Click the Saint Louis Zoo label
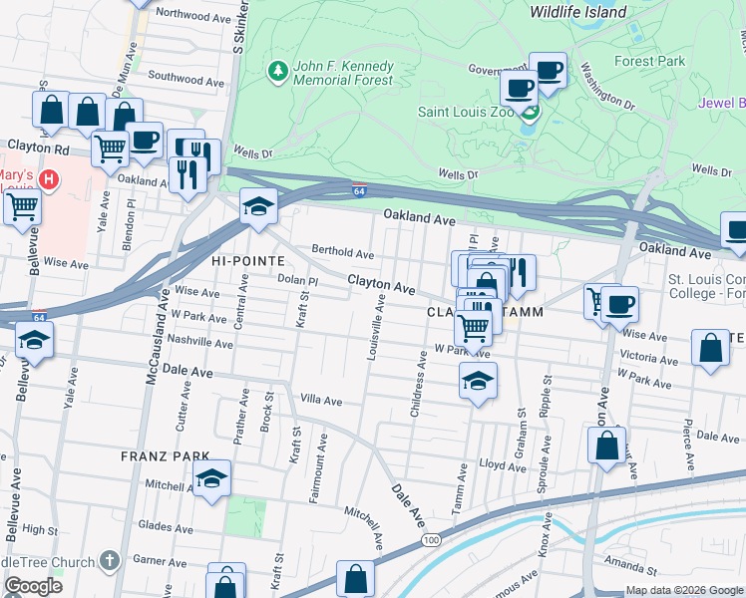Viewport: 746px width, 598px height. (462, 112)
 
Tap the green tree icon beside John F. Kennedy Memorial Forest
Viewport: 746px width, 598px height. (276, 71)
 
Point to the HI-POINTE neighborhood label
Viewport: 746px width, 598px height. (246, 259)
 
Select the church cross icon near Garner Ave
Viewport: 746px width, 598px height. (109, 561)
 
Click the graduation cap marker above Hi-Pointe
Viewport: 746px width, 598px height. (258, 207)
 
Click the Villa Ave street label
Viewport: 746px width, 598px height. (322, 402)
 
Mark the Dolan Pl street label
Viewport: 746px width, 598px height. (296, 281)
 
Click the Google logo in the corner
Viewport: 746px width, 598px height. (32, 586)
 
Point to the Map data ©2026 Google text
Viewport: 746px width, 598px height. (683, 590)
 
